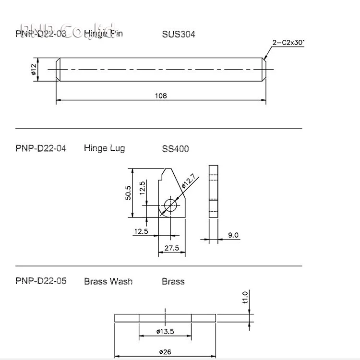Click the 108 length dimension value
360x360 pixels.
click(x=160, y=96)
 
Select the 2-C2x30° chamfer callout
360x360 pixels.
click(x=288, y=43)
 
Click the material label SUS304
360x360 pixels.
click(x=179, y=35)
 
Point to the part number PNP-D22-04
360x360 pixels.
click(x=41, y=148)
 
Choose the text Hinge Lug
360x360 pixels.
click(x=104, y=148)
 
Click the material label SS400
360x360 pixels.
click(x=176, y=149)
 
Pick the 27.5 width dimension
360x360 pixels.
click(x=171, y=248)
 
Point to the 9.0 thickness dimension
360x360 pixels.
click(x=233, y=235)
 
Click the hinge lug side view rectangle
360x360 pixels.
click(x=213, y=191)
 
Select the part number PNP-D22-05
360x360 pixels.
click(x=41, y=281)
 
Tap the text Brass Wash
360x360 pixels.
click(x=108, y=281)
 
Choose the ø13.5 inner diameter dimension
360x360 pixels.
click(x=165, y=332)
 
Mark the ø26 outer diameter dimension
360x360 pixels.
click(x=165, y=352)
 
